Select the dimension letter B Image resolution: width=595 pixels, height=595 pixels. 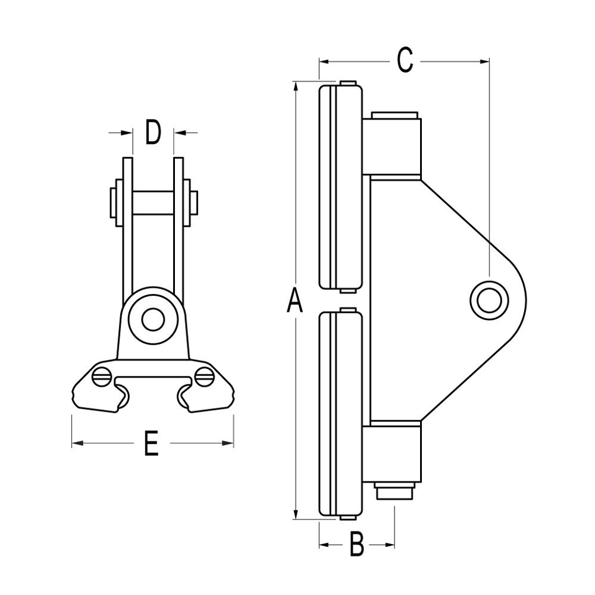(356, 544)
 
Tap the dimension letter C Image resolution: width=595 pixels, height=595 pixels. (405, 60)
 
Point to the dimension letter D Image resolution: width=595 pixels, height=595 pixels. (153, 132)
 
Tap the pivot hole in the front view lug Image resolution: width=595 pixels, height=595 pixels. (153, 320)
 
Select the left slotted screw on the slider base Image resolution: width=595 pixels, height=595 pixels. (102, 375)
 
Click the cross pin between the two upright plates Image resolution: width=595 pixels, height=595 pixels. (153, 203)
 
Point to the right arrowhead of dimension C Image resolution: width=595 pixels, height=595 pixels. (484, 60)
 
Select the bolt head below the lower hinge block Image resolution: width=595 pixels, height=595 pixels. (394, 493)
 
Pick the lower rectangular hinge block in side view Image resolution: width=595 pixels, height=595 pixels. (393, 452)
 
